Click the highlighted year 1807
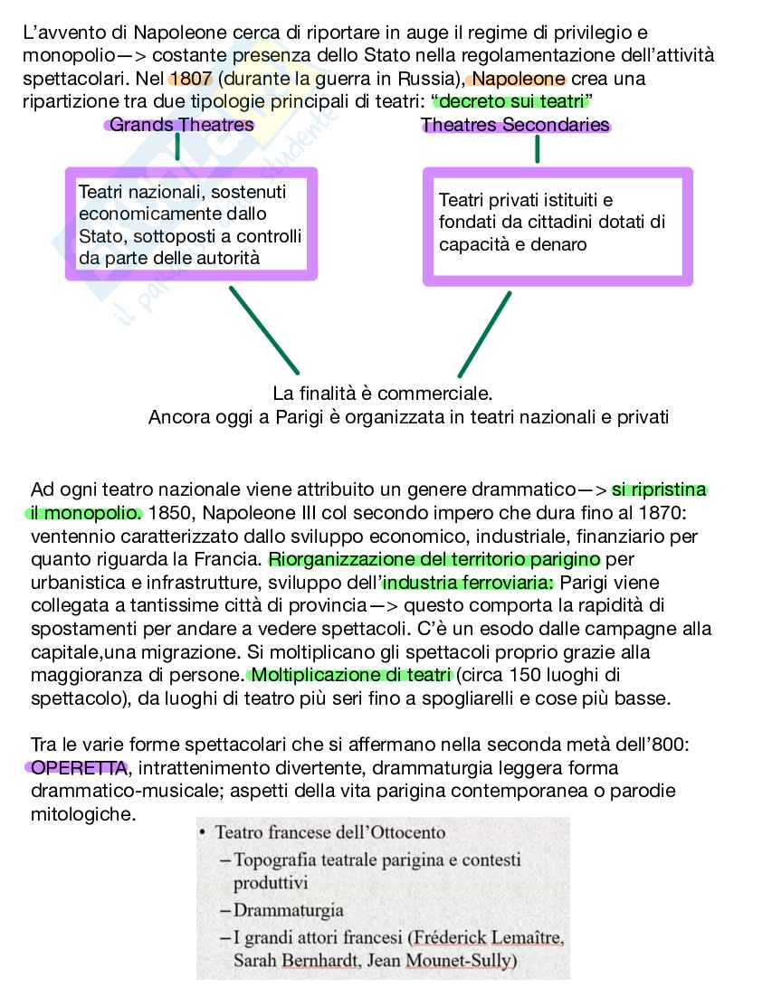pos(189,79)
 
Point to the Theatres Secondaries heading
pos(515,125)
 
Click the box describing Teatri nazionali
pos(191,224)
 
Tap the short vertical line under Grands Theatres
pos(177,147)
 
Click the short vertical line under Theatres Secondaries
pos(538,149)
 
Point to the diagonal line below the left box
pos(263,330)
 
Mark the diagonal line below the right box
pos(485,334)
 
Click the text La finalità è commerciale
pos(382,394)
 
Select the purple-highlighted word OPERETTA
pos(78,768)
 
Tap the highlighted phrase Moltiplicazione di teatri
pos(350,675)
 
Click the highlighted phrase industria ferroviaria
pos(469,582)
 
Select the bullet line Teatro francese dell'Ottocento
pos(330,832)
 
